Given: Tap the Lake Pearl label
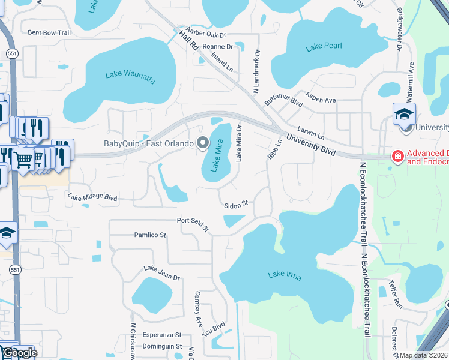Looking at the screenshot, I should click(x=324, y=48).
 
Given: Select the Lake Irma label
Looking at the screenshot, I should click(x=285, y=275).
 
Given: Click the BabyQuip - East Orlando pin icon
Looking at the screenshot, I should click(x=203, y=143).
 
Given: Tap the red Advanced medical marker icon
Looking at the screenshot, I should click(x=397, y=156).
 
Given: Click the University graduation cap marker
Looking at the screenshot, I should click(x=405, y=113).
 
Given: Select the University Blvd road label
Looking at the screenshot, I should click(x=310, y=145).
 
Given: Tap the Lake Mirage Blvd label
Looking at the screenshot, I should click(x=92, y=196).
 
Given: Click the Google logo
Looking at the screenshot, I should click(x=19, y=353).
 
